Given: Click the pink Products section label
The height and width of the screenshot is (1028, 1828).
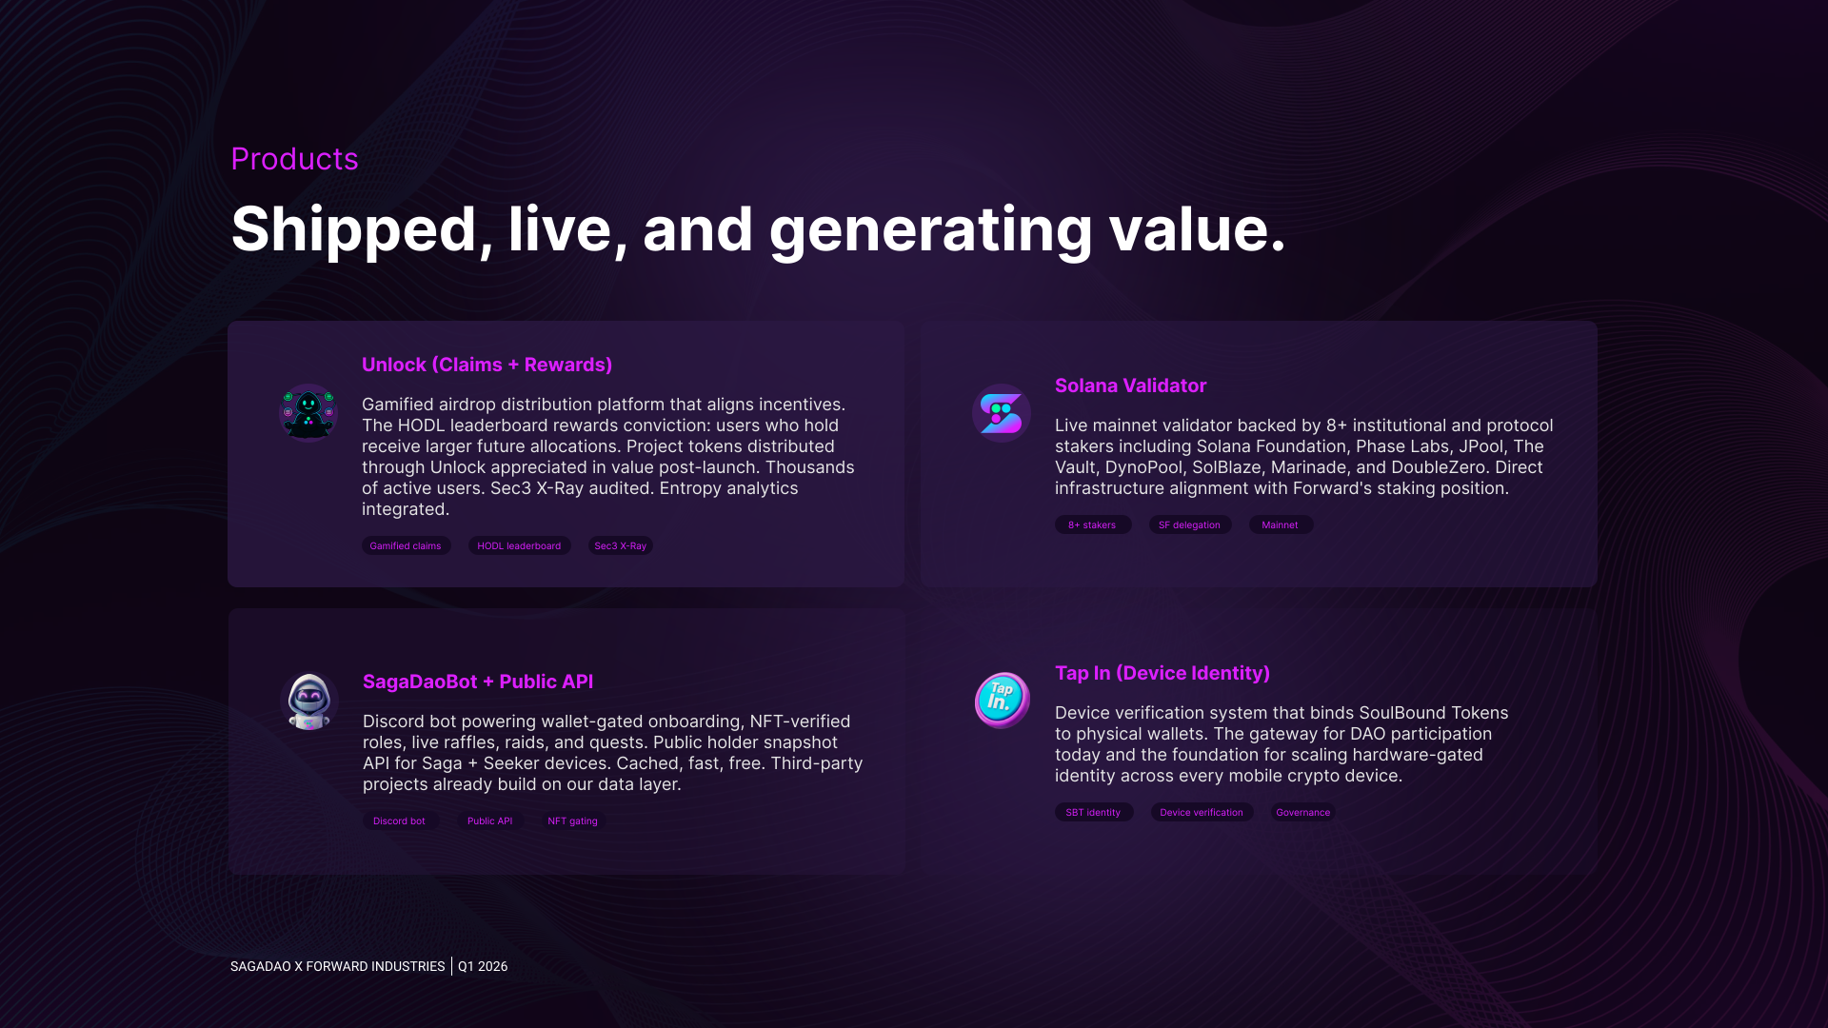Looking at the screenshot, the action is pos(294,159).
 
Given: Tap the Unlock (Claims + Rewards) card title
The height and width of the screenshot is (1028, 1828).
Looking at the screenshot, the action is pos(487,365).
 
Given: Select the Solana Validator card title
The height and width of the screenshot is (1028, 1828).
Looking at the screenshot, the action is pos(1130,385).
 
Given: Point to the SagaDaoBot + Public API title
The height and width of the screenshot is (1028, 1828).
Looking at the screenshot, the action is pos(478,682).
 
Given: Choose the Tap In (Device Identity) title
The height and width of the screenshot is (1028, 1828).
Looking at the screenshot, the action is pos(1162,673).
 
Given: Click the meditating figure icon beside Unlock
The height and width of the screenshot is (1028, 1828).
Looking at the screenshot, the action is pos(308,413).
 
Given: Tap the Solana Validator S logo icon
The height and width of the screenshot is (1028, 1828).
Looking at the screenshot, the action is pos(1002,413).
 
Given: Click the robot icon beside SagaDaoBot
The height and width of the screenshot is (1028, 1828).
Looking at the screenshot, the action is pos(309,702).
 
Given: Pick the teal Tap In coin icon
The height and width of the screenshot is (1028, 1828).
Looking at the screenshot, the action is pos(1002,701).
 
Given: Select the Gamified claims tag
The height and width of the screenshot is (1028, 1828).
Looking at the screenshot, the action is pos(406,545).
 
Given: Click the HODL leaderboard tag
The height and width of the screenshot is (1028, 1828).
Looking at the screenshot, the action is pos(519,545).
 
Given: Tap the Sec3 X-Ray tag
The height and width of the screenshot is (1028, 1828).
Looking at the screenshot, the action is pos(621,545).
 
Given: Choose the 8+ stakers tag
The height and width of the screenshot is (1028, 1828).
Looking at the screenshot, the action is pos(1093,524).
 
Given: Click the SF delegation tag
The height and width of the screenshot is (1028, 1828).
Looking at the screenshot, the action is pos(1190,524).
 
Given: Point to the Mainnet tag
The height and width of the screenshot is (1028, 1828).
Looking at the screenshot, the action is pos(1281,524).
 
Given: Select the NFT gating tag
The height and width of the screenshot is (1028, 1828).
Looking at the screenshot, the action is pos(573,820).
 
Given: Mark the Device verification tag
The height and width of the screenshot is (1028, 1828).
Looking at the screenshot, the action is pos(1202,812).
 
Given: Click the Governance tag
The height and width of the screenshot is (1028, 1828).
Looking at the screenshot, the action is pos(1303,812).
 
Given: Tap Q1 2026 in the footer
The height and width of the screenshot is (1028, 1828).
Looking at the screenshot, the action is pos(483,966).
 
